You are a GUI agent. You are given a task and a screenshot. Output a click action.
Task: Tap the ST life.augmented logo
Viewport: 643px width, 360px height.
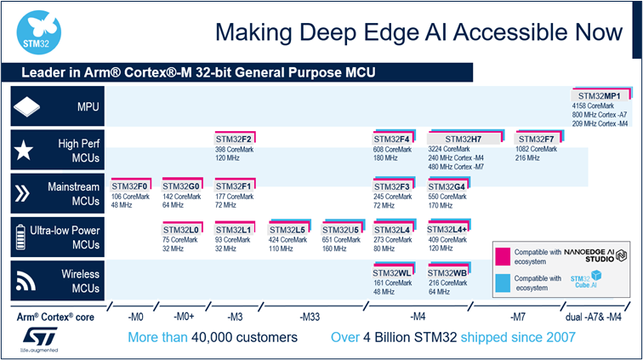33,335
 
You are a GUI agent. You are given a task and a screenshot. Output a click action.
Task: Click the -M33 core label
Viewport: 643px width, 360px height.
310,317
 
